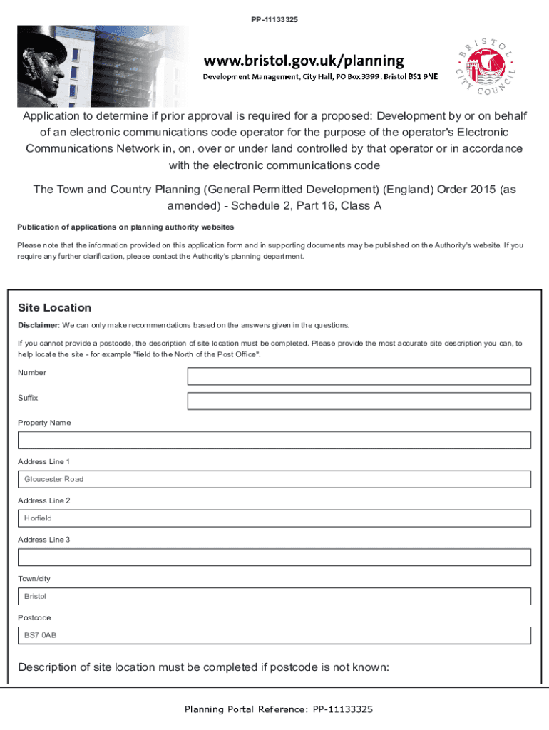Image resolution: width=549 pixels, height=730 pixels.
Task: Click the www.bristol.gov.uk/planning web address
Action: point(304,61)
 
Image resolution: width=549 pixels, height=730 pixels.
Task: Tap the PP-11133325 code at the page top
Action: point(274,19)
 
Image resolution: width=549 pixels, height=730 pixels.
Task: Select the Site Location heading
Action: point(55,308)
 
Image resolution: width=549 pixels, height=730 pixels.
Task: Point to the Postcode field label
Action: point(34,617)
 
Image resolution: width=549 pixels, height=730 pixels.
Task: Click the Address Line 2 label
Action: point(43,500)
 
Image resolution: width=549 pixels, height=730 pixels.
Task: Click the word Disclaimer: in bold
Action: point(39,326)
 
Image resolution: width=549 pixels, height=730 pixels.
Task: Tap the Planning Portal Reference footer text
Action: point(278,709)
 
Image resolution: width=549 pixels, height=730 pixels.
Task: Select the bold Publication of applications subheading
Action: point(125,227)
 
